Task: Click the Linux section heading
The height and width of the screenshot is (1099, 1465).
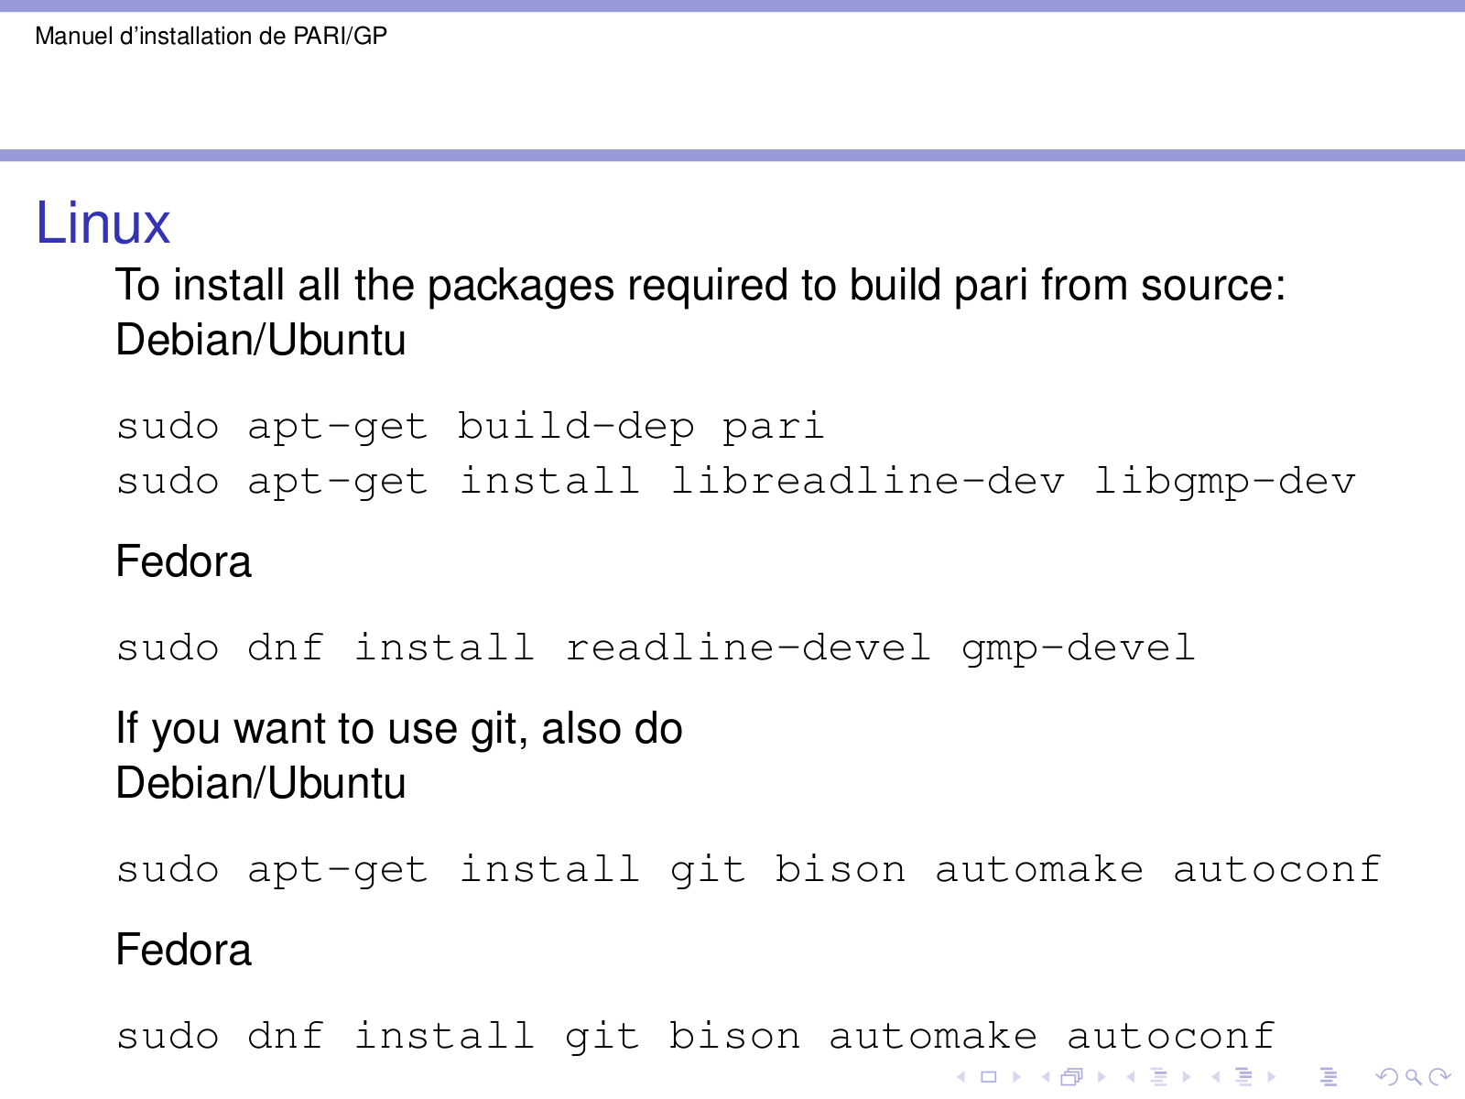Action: coord(103,223)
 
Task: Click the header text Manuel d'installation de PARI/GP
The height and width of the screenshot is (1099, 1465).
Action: coord(211,37)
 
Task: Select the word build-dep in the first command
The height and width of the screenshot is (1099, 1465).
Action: coord(576,427)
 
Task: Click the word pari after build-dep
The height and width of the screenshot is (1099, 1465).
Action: coord(773,427)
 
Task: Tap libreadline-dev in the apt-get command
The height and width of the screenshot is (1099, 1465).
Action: coord(868,482)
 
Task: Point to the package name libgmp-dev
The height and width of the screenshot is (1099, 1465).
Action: coord(1225,482)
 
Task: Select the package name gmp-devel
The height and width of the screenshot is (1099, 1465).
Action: coord(1079,648)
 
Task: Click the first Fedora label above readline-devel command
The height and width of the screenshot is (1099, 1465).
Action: coord(183,561)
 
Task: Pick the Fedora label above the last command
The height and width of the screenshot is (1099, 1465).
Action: coord(183,950)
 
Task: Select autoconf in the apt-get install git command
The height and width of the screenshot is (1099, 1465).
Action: coord(1277,870)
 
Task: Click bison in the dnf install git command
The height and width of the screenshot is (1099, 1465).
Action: coord(734,1037)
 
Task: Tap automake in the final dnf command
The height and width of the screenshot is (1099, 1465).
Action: coord(933,1037)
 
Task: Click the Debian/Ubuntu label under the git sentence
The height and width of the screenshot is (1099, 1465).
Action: coord(261,784)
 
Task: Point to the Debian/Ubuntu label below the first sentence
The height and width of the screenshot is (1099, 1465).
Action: coord(261,341)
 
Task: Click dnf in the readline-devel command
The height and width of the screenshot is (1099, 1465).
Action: coord(286,648)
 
